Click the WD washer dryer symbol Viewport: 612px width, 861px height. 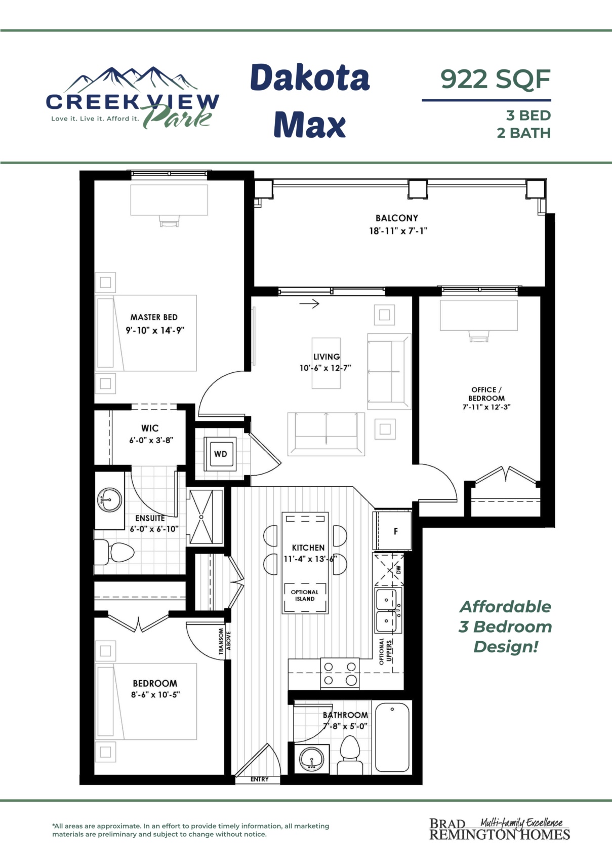click(220, 454)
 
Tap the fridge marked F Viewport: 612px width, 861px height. click(392, 531)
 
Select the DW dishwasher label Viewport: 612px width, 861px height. click(398, 569)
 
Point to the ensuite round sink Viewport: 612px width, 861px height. click(109, 500)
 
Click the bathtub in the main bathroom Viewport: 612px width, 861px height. click(392, 737)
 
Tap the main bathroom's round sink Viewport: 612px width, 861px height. click(312, 760)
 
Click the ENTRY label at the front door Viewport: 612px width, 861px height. click(259, 779)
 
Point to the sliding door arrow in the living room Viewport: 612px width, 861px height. click(309, 304)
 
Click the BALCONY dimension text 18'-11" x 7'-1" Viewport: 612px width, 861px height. click(398, 231)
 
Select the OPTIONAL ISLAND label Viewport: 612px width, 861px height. click(305, 596)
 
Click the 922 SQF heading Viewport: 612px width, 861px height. click(495, 79)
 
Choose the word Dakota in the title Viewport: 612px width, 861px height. click(310, 77)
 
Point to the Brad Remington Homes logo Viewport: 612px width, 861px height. click(500, 829)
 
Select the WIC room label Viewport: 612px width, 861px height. click(150, 428)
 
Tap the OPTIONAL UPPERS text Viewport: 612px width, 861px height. click(385, 651)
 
